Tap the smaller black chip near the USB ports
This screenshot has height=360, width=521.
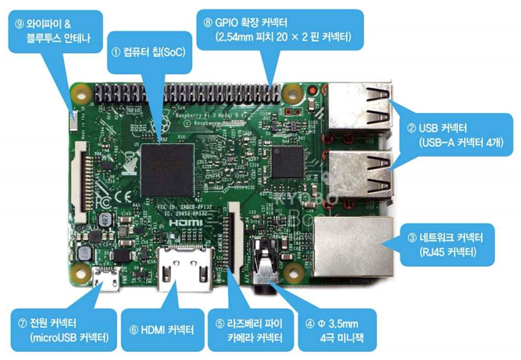point(288,162)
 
